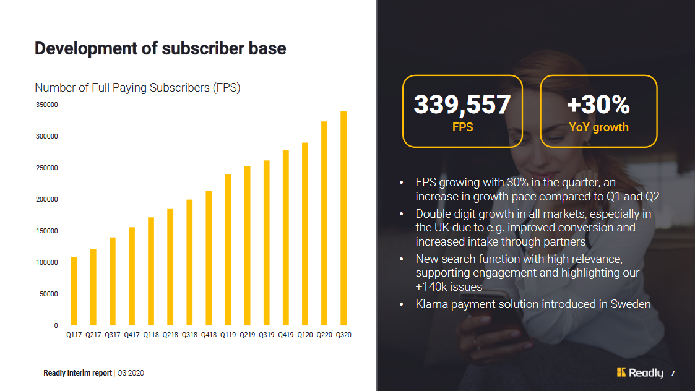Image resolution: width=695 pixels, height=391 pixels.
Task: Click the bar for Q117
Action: [74, 291]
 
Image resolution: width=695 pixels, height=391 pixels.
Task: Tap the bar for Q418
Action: [209, 258]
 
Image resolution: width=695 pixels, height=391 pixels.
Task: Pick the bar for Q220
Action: [324, 223]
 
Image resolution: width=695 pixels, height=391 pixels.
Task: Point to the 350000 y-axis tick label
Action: [47, 105]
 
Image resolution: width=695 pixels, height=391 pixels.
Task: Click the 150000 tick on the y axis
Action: [47, 231]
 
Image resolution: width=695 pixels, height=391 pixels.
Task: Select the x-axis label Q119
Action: [228, 335]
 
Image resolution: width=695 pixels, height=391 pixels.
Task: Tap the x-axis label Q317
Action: [113, 335]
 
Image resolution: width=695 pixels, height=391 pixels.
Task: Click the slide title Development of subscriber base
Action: [160, 49]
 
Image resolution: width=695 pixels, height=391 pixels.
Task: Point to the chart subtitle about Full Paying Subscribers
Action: [137, 88]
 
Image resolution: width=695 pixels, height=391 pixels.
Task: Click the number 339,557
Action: [462, 105]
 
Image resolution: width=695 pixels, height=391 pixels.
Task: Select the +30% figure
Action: [598, 105]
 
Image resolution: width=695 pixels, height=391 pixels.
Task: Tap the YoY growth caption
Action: [598, 127]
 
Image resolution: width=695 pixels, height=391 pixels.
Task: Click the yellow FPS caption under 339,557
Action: [462, 127]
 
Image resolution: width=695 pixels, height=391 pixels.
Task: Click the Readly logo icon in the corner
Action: [621, 372]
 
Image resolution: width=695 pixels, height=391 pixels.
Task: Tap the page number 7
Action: [673, 373]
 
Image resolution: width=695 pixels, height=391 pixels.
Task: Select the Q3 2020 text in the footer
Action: [131, 373]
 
